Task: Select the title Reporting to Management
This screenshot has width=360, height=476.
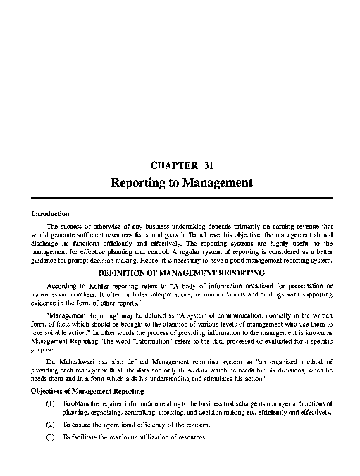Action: (x=181, y=182)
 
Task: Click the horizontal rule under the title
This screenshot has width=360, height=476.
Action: (x=181, y=199)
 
